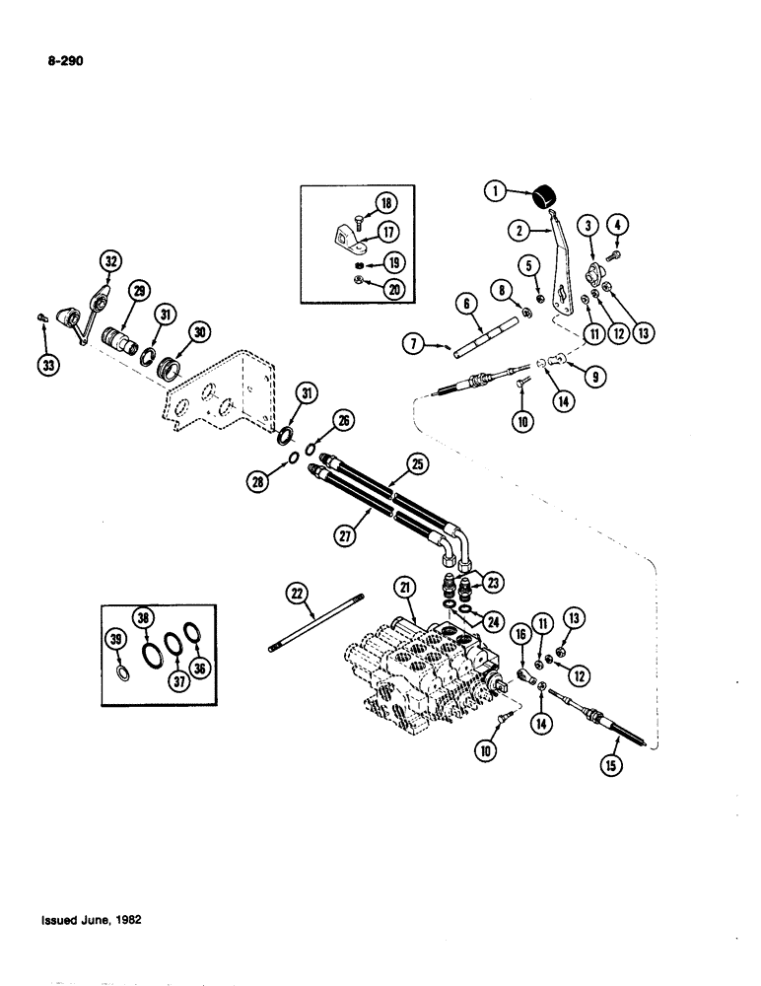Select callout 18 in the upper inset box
pyautogui.click(x=383, y=205)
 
